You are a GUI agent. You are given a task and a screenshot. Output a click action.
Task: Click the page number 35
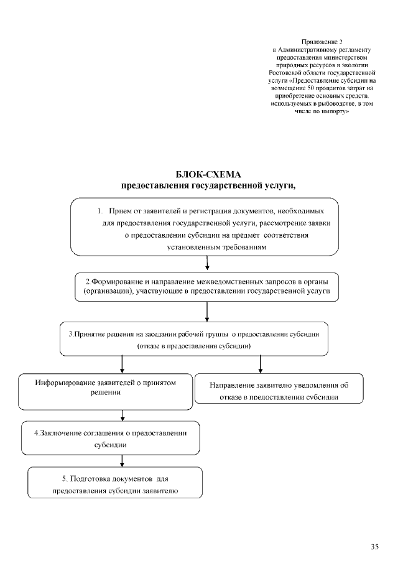coord(374,547)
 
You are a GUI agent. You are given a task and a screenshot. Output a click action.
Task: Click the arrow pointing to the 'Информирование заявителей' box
coord(123,363)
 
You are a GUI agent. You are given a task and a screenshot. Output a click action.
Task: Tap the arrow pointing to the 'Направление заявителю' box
coord(260,363)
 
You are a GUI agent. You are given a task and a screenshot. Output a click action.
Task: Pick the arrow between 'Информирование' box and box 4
coord(123,415)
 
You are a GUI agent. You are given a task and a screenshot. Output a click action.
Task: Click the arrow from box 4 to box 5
coord(123,461)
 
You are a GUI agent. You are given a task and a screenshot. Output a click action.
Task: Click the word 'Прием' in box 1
coord(121,210)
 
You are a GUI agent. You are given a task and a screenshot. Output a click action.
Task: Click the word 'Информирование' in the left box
coord(65,383)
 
